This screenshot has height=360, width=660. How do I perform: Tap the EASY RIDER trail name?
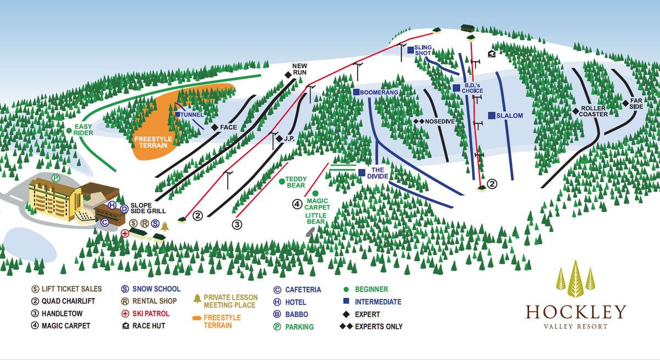pyautogui.click(x=83, y=129)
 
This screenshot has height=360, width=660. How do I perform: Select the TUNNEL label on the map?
pyautogui.click(x=192, y=114)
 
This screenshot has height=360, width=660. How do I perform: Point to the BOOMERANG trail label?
pyautogui.click(x=379, y=92)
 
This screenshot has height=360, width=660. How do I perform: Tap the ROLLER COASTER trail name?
pyautogui.click(x=593, y=111)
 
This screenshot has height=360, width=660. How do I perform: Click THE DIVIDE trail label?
pyautogui.click(x=379, y=173)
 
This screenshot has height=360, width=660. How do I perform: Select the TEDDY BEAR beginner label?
pyautogui.click(x=296, y=182)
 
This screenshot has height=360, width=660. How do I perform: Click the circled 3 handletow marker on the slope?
pyautogui.click(x=237, y=224)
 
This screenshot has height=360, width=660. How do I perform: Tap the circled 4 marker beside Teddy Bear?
pyautogui.click(x=297, y=204)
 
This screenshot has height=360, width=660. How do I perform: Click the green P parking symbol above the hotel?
pyautogui.click(x=56, y=178)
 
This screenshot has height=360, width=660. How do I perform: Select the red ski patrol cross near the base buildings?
pyautogui.click(x=125, y=233)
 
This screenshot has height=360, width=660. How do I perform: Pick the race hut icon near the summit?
pyautogui.click(x=491, y=53)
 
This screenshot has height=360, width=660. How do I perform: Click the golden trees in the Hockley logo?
pyautogui.click(x=575, y=279)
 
